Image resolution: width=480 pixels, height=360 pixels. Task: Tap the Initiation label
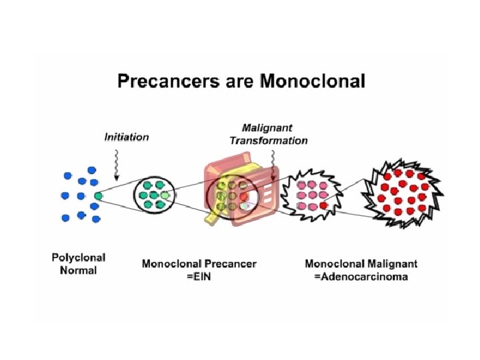[x=127, y=137]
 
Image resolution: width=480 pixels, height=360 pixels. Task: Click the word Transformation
[x=269, y=141]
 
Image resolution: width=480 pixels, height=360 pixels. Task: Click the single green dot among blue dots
[x=99, y=196]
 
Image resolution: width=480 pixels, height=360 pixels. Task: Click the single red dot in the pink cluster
[x=323, y=206]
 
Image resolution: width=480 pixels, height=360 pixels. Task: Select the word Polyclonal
[x=79, y=257]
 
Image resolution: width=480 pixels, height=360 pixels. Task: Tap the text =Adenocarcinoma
[x=361, y=277]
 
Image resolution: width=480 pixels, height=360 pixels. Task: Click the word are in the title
[x=237, y=82]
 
